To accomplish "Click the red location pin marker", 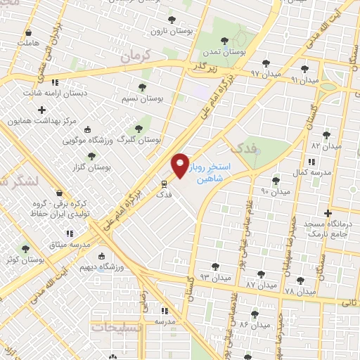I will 181,165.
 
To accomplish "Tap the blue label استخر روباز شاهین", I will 216,173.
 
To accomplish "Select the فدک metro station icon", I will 163,184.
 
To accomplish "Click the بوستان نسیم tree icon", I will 142,87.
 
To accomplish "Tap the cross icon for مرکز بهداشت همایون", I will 42,110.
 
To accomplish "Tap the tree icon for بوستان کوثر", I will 26,249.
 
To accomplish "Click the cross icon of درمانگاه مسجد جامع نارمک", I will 328,213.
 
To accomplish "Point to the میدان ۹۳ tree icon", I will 215,266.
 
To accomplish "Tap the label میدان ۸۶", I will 255,324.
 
